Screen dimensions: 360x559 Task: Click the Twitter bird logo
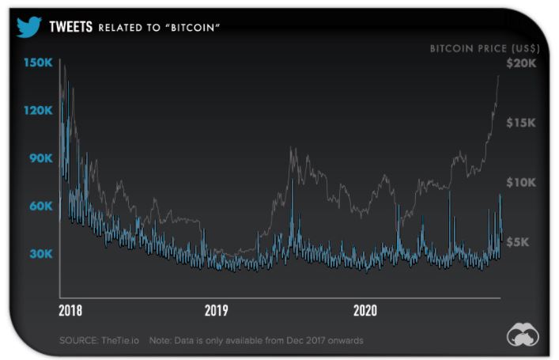28,28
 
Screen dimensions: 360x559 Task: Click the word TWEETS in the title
72,28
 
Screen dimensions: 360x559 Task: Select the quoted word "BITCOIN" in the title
193,28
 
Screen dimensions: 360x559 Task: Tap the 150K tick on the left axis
39,63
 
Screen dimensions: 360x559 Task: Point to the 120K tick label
39,111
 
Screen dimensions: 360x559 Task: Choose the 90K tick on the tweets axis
42,158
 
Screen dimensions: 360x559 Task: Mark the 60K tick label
42,206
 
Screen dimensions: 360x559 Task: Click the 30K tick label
42,254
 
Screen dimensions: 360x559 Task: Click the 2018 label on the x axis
70,310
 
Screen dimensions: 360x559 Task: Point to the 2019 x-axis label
217,310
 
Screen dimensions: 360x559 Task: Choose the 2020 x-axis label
364,310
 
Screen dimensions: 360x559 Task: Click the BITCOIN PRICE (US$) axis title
482,49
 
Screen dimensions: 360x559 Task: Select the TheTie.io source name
119,341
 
